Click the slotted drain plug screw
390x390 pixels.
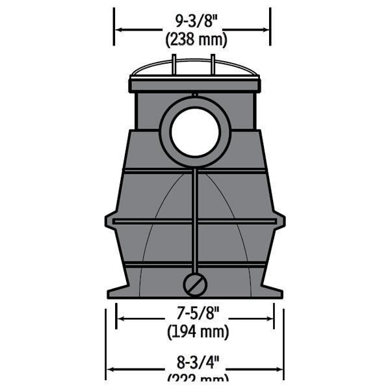pos(195,284)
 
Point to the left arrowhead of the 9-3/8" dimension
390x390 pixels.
pos(119,29)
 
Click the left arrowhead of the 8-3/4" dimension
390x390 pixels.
pos(111,369)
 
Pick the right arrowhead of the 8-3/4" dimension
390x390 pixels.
pos(279,369)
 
